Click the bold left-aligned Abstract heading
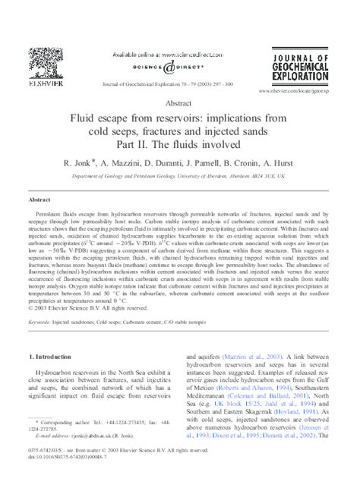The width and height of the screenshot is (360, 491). pos(39,199)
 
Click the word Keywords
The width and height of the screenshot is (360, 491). pos(39,321)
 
